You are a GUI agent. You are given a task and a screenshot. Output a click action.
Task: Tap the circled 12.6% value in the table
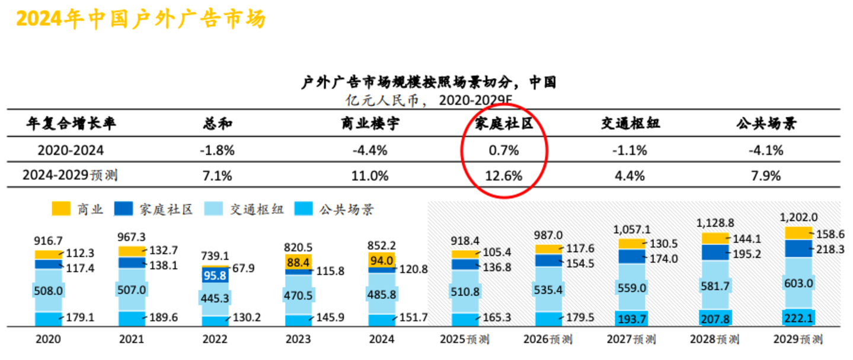pos(505,176)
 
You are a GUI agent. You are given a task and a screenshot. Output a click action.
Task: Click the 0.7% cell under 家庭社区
pos(505,150)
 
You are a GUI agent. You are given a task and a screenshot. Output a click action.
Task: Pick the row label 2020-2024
pos(70,150)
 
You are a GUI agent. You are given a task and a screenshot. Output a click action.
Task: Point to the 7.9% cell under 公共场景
pos(766,176)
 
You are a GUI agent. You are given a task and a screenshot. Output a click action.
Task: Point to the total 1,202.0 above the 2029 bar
pos(798,218)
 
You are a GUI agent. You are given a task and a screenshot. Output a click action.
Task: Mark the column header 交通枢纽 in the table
pos(630,123)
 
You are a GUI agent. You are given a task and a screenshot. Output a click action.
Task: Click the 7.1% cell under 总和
pos(216,176)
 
